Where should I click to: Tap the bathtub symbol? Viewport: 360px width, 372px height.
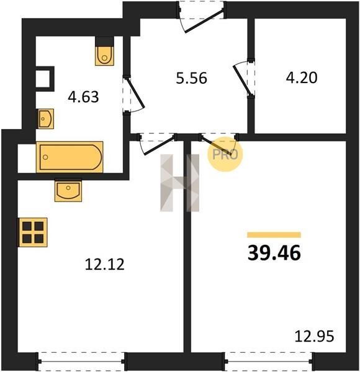tap(70, 157)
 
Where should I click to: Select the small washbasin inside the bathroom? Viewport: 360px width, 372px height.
tap(45, 118)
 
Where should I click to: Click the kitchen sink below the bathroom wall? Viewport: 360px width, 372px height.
tap(68, 190)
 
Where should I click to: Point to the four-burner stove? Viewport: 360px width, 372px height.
tap(33, 232)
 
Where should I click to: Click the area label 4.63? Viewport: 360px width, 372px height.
tap(83, 97)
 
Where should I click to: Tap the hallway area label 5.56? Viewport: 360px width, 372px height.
tap(191, 78)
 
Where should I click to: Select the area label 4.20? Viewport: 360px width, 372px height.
tap(302, 77)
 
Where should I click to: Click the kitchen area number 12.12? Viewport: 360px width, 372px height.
tap(104, 264)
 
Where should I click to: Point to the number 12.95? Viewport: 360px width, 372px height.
tap(314, 336)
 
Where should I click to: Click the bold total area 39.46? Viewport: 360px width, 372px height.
tap(274, 253)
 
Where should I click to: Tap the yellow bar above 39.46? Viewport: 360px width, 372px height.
tap(274, 235)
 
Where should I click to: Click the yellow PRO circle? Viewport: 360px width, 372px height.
tap(225, 154)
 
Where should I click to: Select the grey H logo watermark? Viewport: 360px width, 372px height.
tap(180, 183)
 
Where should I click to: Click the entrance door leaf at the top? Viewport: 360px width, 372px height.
tap(204, 21)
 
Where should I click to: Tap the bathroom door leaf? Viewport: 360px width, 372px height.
tap(135, 92)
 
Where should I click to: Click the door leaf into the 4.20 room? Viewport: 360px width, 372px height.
tap(242, 80)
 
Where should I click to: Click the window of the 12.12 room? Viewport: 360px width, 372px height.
tap(81, 361)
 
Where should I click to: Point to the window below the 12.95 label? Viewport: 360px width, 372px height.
tap(269, 361)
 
